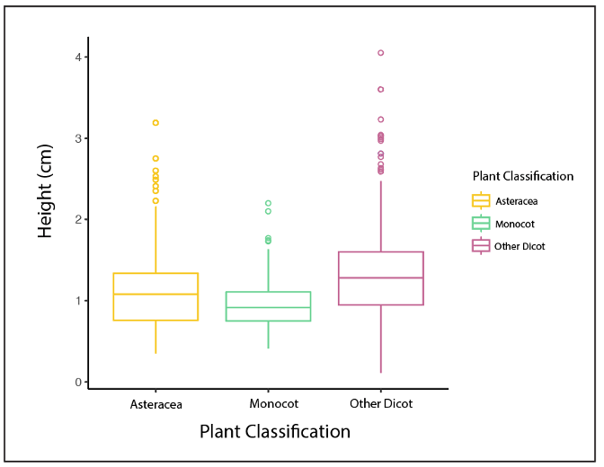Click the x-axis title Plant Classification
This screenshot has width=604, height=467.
275,432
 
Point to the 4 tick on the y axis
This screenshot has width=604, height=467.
79,57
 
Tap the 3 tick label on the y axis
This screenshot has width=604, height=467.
79,138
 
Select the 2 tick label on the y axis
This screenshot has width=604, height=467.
79,220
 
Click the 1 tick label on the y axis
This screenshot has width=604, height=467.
79,301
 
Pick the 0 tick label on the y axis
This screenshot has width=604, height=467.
79,382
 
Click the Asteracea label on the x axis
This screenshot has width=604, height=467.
156,404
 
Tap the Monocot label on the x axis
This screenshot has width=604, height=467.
268,404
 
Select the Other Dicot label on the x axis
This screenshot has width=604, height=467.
380,404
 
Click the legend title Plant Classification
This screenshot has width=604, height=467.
523,176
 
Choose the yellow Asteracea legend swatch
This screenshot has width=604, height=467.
481,201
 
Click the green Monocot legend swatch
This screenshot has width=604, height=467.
481,223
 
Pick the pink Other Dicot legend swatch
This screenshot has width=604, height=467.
481,245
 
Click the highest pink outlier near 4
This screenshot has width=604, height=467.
380,53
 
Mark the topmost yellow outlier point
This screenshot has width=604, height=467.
155,122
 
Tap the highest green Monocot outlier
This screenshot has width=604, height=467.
268,203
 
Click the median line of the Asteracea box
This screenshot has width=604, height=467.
155,294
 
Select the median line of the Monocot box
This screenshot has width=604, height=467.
268,307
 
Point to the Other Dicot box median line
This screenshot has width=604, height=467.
380,278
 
